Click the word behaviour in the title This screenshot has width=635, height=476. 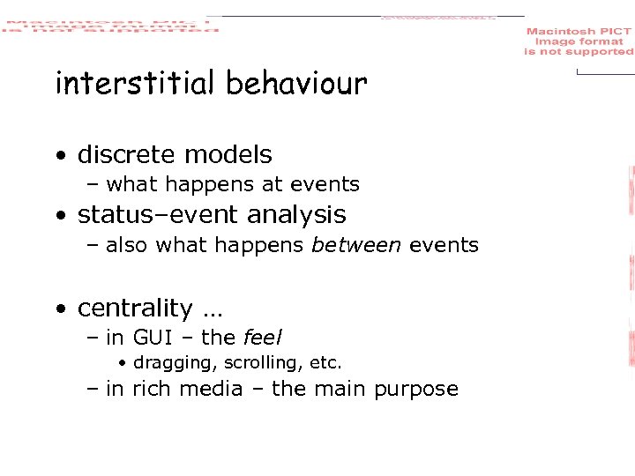pos(295,84)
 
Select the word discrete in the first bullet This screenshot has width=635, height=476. pos(123,155)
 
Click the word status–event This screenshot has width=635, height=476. pos(156,215)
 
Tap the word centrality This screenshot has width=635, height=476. pos(135,309)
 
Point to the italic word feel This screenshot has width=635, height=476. pos(262,338)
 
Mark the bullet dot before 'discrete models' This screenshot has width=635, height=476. pos(60,156)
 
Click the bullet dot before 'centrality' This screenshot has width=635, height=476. pos(60,309)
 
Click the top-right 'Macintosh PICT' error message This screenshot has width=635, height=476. pos(579,41)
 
